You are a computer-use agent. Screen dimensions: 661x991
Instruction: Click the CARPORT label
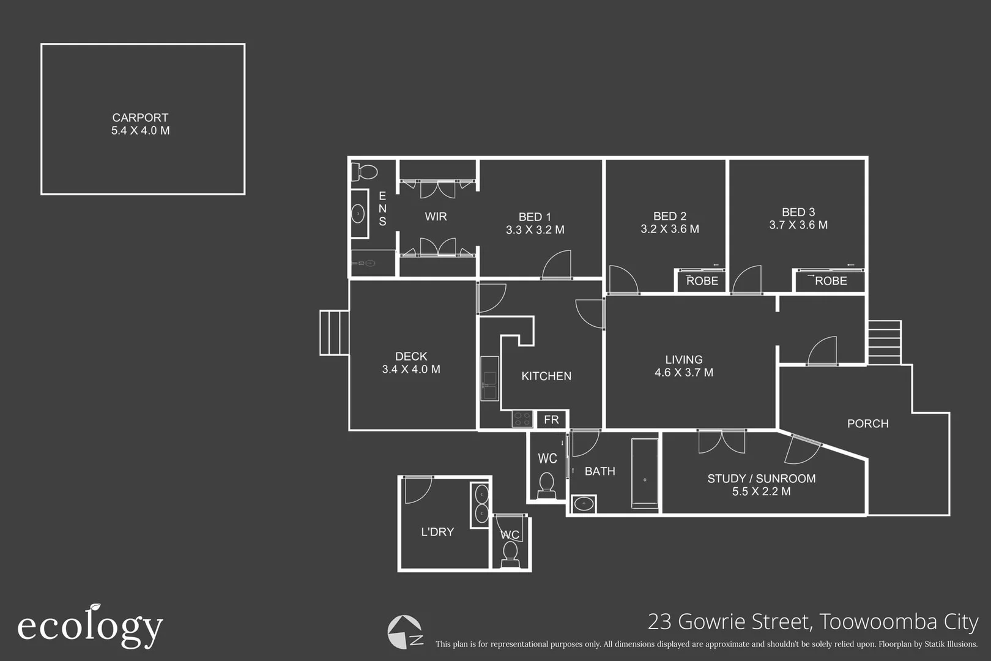140,118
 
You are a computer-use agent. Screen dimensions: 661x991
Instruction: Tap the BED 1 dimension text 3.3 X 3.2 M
535,230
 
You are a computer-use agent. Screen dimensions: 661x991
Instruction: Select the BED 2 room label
669,216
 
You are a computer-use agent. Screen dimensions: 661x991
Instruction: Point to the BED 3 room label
798,212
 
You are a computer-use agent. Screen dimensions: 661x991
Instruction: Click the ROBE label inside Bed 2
702,281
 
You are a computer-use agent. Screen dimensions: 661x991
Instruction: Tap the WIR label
436,217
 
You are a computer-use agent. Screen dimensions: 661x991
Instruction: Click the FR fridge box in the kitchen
551,420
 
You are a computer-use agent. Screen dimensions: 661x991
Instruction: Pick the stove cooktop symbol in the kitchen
522,419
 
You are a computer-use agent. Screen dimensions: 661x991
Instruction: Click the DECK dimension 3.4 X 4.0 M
410,369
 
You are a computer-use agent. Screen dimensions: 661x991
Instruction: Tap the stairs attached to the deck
334,333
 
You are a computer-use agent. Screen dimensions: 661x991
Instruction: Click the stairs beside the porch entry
884,343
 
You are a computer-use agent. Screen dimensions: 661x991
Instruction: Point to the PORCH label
867,424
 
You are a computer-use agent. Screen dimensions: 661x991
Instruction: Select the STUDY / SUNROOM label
761,479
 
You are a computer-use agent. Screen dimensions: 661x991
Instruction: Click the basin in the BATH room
584,504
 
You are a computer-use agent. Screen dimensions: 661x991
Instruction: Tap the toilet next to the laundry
510,553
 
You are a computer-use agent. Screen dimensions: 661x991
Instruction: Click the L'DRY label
437,532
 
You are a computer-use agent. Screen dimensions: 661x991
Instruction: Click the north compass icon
405,632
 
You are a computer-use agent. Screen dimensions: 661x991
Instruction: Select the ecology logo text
90,627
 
